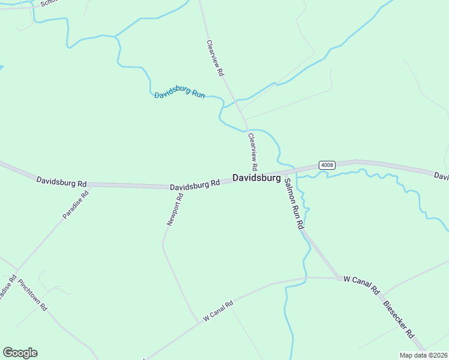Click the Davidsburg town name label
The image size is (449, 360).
[x=256, y=178]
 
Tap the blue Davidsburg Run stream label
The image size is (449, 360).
[x=179, y=93]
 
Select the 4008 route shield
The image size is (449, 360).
[x=327, y=165]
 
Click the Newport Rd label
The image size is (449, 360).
[x=175, y=209]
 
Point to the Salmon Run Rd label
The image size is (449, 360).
[x=294, y=204]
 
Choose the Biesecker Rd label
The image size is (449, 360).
[x=399, y=319]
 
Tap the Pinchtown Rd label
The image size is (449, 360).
[x=32, y=295]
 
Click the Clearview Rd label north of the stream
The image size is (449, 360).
[x=215, y=58]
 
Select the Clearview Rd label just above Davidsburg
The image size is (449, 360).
[x=253, y=151]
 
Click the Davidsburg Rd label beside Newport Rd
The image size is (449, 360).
[x=194, y=186]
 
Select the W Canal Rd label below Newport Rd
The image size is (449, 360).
[x=217, y=311]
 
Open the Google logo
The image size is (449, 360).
[x=20, y=353]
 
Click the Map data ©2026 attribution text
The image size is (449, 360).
[x=424, y=355]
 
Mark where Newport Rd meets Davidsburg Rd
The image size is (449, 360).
[x=182, y=188]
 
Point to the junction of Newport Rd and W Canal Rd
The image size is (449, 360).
[x=198, y=323]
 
